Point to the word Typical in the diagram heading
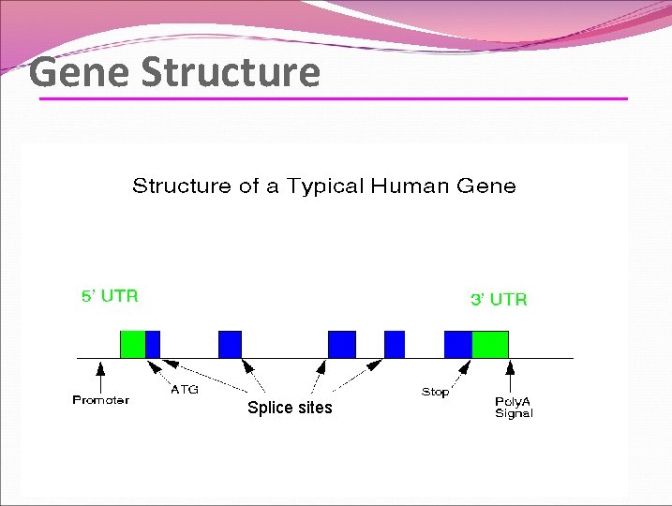tap(325, 186)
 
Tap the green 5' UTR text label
tap(110, 296)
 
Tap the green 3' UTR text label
tap(499, 300)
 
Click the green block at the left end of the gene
tap(132, 344)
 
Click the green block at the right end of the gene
tap(489, 344)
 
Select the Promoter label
tap(100, 401)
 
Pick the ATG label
tap(185, 390)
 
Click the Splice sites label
tap(290, 408)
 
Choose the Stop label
tap(435, 393)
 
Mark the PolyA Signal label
tap(514, 408)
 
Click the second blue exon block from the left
tap(230, 344)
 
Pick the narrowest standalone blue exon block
tap(395, 344)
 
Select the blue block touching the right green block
tap(457, 344)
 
